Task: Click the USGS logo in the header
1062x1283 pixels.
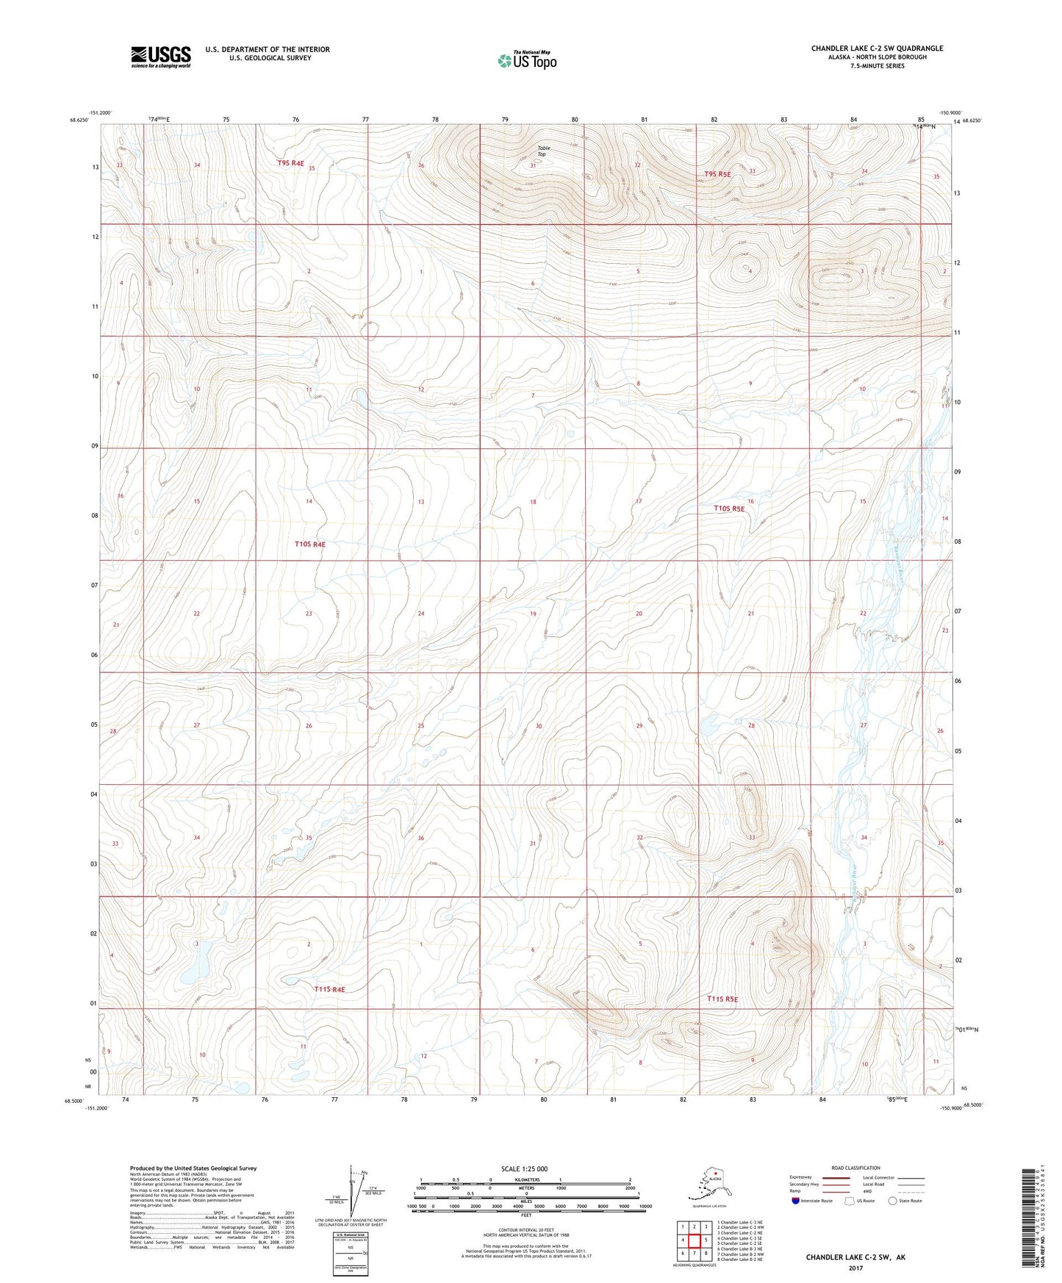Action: (x=160, y=57)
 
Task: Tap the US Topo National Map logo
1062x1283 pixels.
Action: (x=526, y=60)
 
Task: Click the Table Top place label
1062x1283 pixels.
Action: (x=543, y=151)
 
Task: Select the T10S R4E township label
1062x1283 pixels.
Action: (x=309, y=545)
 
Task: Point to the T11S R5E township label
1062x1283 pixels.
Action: (x=722, y=999)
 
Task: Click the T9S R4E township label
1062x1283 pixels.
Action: (x=290, y=163)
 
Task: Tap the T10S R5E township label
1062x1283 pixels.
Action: (x=729, y=508)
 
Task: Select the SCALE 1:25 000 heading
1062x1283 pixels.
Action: (x=525, y=1168)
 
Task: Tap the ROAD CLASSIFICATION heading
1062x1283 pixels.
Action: (x=855, y=1168)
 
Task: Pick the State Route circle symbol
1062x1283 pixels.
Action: (x=892, y=1201)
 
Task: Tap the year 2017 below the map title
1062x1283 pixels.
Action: (x=855, y=1268)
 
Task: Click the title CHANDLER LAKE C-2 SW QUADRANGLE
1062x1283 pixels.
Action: (x=877, y=48)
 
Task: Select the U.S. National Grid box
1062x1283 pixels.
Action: (x=351, y=1254)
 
